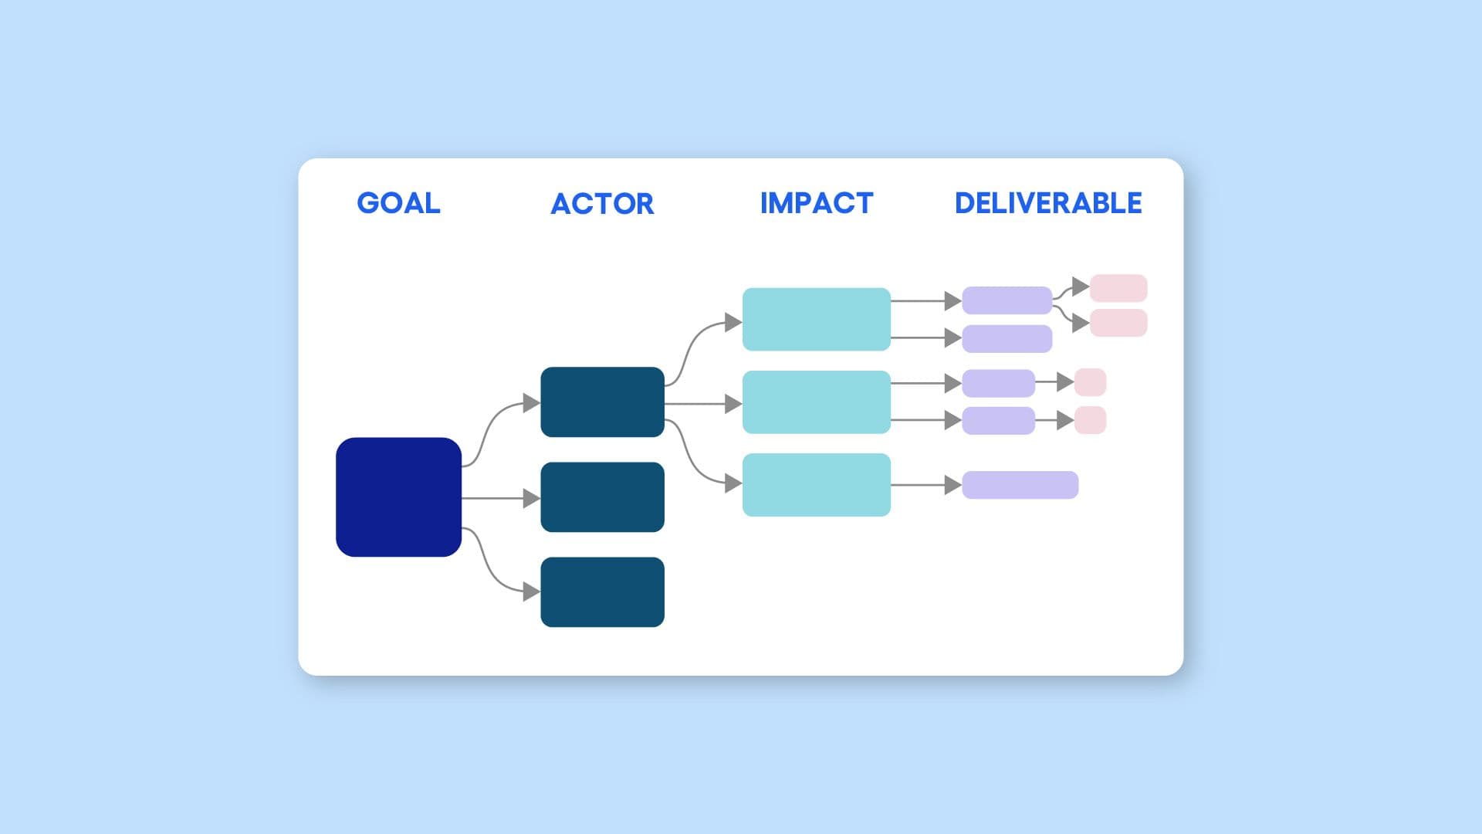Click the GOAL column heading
point(398,203)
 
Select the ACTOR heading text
point(602,204)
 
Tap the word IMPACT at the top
point(816,203)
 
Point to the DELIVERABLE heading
point(1047,203)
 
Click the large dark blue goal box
point(398,497)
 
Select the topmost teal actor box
point(602,402)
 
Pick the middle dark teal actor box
point(602,497)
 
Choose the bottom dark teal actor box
point(602,592)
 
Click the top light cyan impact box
point(816,319)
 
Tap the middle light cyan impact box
point(816,402)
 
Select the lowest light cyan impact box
point(816,484)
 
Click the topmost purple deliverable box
point(1007,300)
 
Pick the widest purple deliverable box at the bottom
point(1020,485)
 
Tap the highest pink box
point(1118,288)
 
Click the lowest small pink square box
point(1090,420)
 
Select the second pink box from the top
point(1118,323)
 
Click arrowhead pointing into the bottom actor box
point(531,592)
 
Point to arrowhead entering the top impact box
point(733,322)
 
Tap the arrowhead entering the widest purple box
point(952,485)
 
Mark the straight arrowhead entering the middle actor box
point(531,498)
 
